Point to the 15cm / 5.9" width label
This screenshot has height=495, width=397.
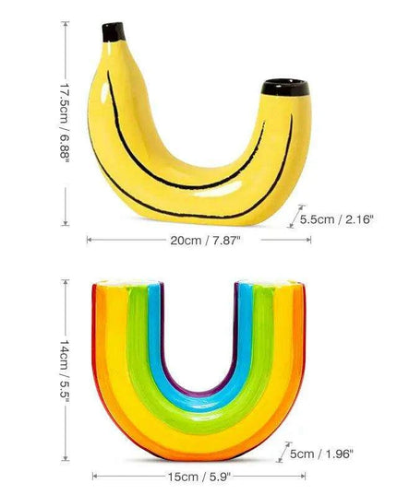coord(199,477)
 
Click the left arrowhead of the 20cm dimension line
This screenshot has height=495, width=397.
coord(90,239)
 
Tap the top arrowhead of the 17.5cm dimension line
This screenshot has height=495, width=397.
coord(66,25)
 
